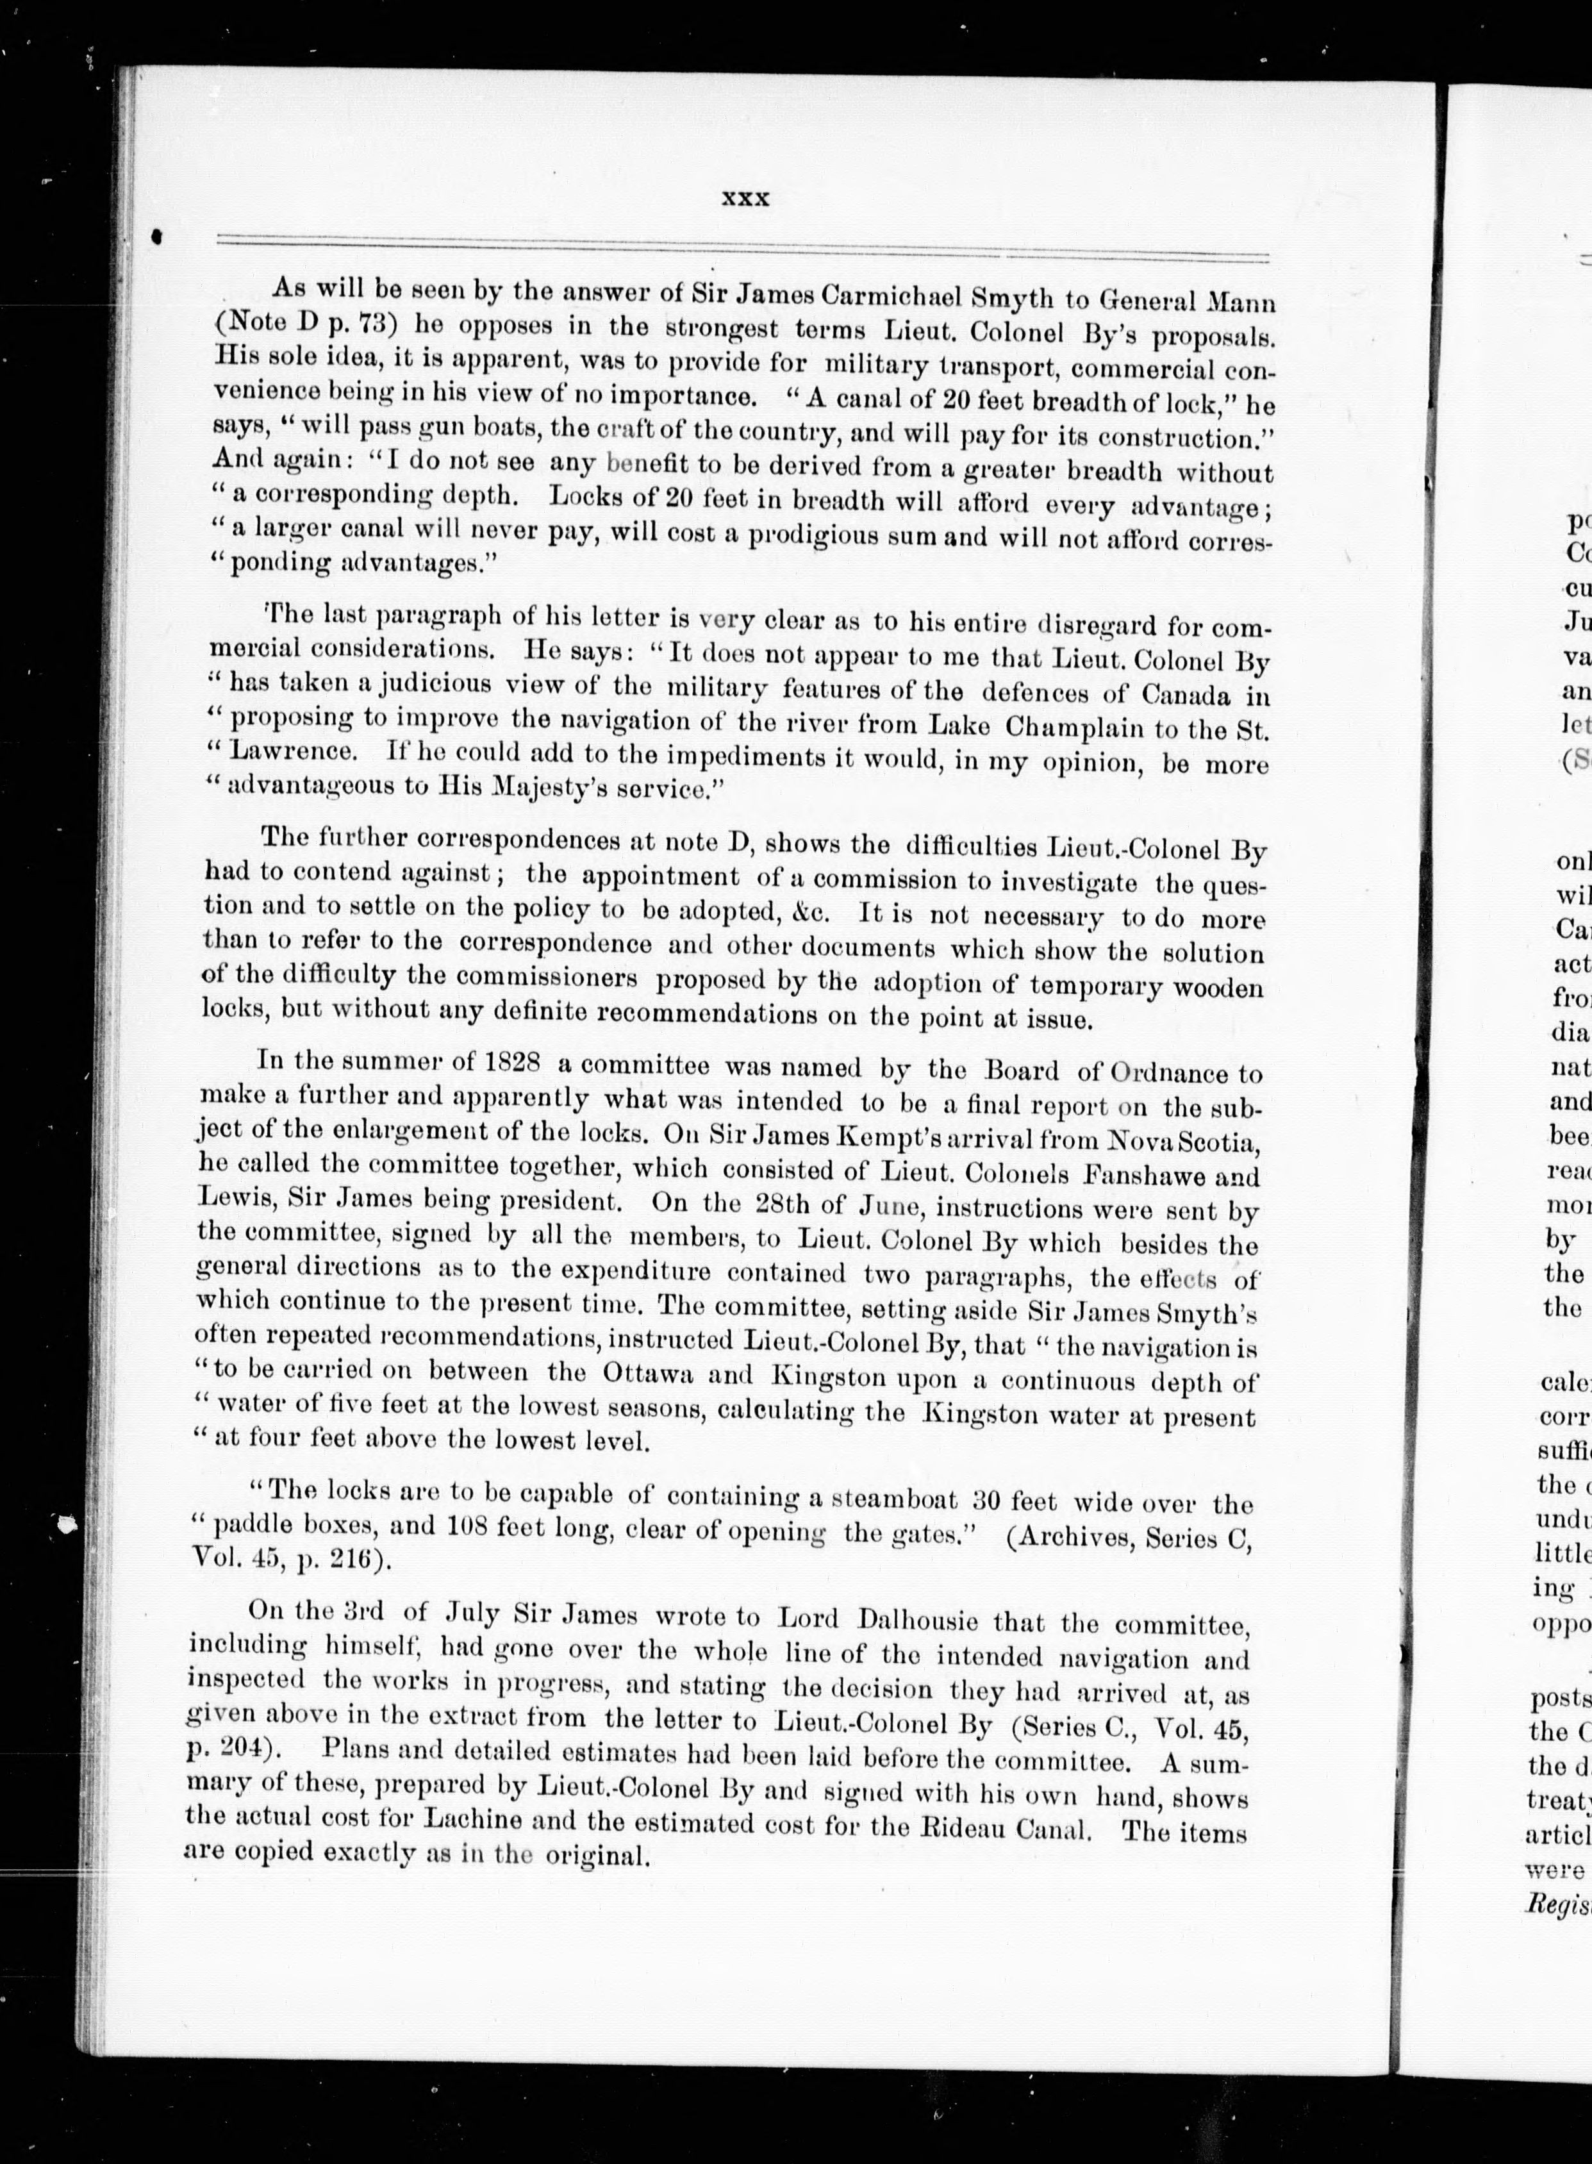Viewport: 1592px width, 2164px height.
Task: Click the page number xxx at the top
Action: [745, 199]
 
